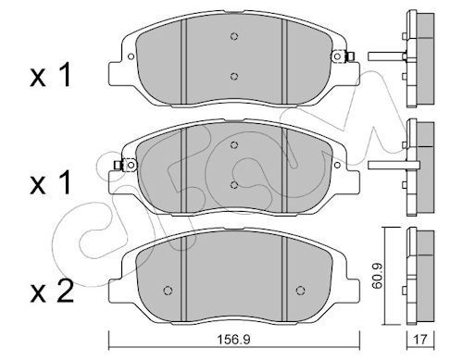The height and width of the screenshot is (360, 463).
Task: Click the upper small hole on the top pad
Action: tap(234, 37)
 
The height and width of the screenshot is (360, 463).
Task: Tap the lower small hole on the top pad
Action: tap(234, 77)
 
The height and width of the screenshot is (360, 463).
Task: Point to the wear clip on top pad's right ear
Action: tap(350, 58)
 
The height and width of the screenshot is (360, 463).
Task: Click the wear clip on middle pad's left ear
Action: tap(119, 166)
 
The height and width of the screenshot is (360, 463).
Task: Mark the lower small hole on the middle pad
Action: tap(233, 183)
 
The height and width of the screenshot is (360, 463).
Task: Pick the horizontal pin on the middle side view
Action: tap(384, 166)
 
